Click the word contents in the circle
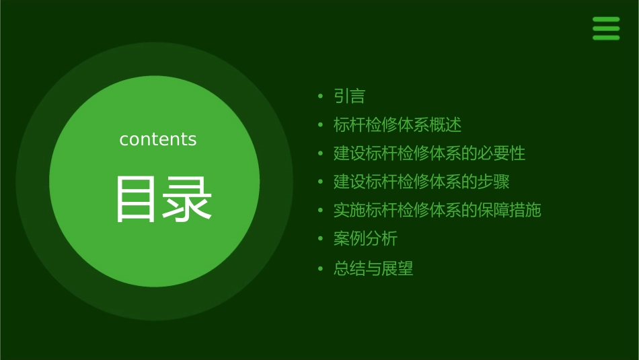pyautogui.click(x=158, y=139)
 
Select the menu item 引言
pyautogui.click(x=349, y=96)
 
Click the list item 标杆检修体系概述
pyautogui.click(x=398, y=125)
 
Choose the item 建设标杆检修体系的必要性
pyautogui.click(x=429, y=153)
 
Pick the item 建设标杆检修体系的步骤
pyautogui.click(x=421, y=182)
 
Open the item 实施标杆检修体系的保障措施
pyautogui.click(x=437, y=210)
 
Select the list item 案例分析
pyautogui.click(x=365, y=238)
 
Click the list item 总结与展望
pyautogui.click(x=373, y=269)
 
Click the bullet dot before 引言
pyautogui.click(x=320, y=97)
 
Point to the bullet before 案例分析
pyautogui.click(x=320, y=239)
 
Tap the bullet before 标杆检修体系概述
pyautogui.click(x=320, y=126)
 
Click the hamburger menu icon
pyautogui.click(x=606, y=28)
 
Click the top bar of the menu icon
pyautogui.click(x=606, y=20)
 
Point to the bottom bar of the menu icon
pyautogui.click(x=606, y=38)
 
